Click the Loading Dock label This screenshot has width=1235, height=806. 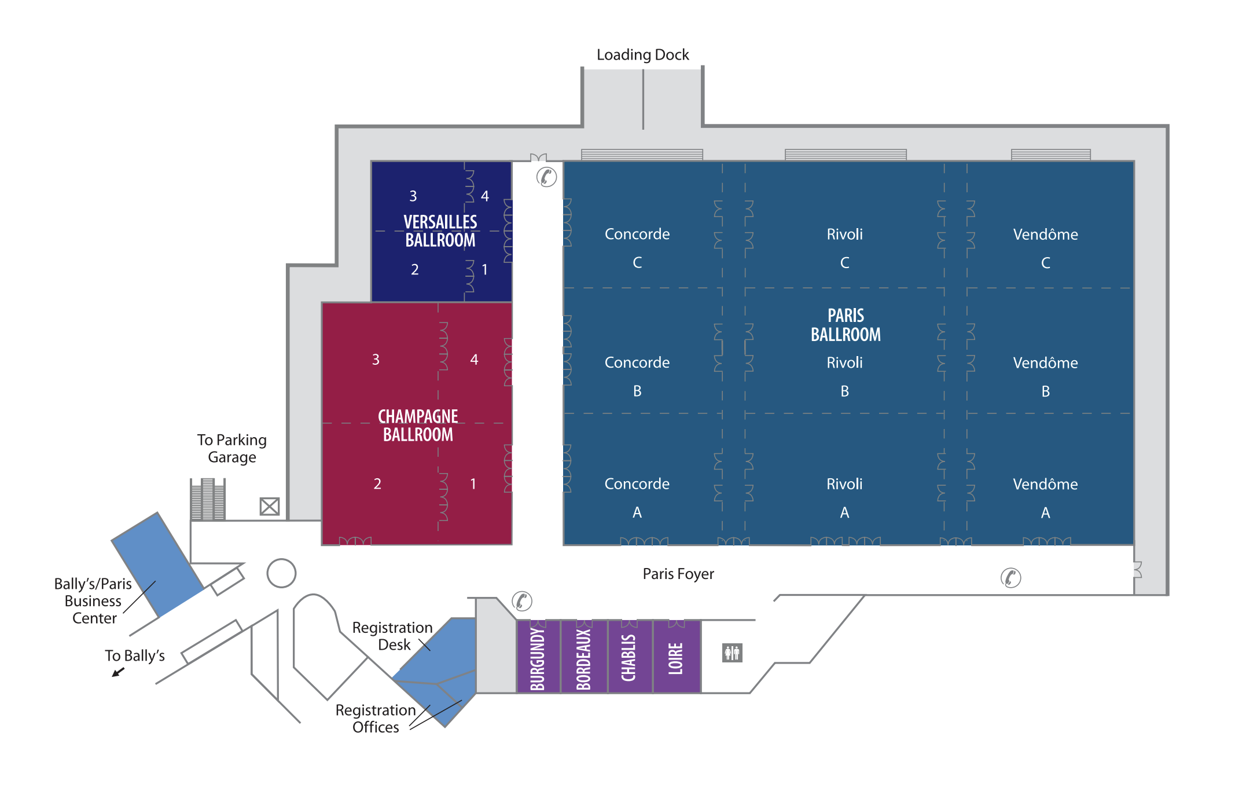(642, 54)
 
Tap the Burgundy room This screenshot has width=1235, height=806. (538, 657)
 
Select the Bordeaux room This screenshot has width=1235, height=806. (584, 657)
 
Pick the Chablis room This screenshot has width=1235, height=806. (630, 657)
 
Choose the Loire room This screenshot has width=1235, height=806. (677, 657)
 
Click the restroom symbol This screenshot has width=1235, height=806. (732, 653)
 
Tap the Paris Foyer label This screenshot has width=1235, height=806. (678, 574)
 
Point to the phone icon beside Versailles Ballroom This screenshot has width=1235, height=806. (546, 177)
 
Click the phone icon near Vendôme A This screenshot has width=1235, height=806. (1010, 577)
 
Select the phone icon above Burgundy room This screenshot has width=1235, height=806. (521, 601)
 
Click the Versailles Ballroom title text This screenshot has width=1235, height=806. (440, 231)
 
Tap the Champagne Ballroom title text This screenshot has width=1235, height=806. (418, 426)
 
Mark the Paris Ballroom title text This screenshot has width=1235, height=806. (846, 325)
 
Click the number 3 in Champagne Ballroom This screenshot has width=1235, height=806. (376, 360)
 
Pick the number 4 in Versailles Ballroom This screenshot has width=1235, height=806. (485, 196)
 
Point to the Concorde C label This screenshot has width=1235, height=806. (637, 248)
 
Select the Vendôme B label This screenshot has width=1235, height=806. (1045, 376)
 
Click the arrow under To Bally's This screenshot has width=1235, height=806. (118, 672)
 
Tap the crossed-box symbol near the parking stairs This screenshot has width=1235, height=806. (270, 507)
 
